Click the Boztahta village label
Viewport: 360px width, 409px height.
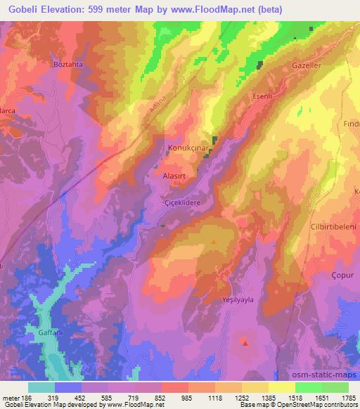click(68, 63)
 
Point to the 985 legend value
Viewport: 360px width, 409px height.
click(186, 396)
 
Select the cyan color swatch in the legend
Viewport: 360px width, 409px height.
click(41, 387)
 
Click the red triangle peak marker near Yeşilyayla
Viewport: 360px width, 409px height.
click(245, 343)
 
